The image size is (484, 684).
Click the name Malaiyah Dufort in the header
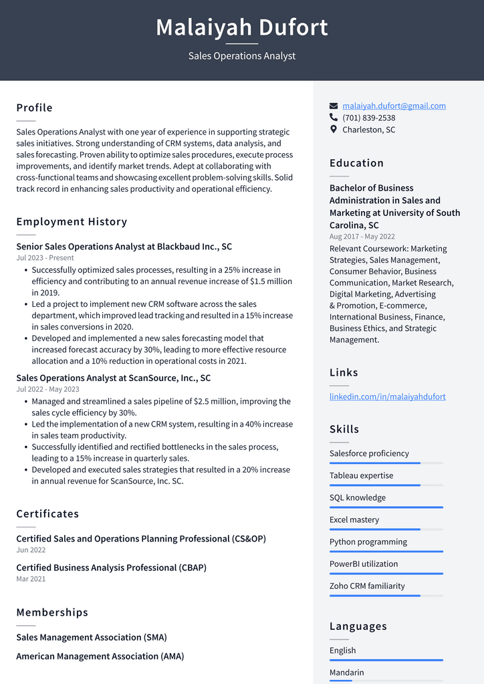[x=242, y=28]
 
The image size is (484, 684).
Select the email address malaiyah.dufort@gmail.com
[x=394, y=106]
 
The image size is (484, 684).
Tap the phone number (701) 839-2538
[x=368, y=118]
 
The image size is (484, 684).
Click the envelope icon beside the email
[x=334, y=106]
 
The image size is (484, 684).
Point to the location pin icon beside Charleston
[x=334, y=130]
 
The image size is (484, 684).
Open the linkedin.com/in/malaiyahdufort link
[x=387, y=396]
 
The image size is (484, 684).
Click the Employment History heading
[x=72, y=222]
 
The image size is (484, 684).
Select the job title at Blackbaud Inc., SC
[x=124, y=247]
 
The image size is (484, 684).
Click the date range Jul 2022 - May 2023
[x=47, y=389]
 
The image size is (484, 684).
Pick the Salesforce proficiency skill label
[x=369, y=453]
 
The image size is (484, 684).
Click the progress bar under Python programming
[x=386, y=552]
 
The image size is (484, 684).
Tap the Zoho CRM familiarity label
[x=367, y=586]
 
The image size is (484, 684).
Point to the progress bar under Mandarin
[x=386, y=681]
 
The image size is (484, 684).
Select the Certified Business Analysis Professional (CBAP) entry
[x=111, y=568]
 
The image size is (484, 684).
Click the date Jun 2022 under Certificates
[x=31, y=550]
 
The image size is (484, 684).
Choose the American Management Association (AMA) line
[x=100, y=656]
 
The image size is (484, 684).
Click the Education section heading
[x=356, y=163]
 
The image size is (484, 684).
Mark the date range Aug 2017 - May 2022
[x=362, y=237]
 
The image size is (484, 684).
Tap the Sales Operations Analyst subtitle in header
[x=242, y=56]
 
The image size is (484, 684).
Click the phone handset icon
[x=334, y=118]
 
